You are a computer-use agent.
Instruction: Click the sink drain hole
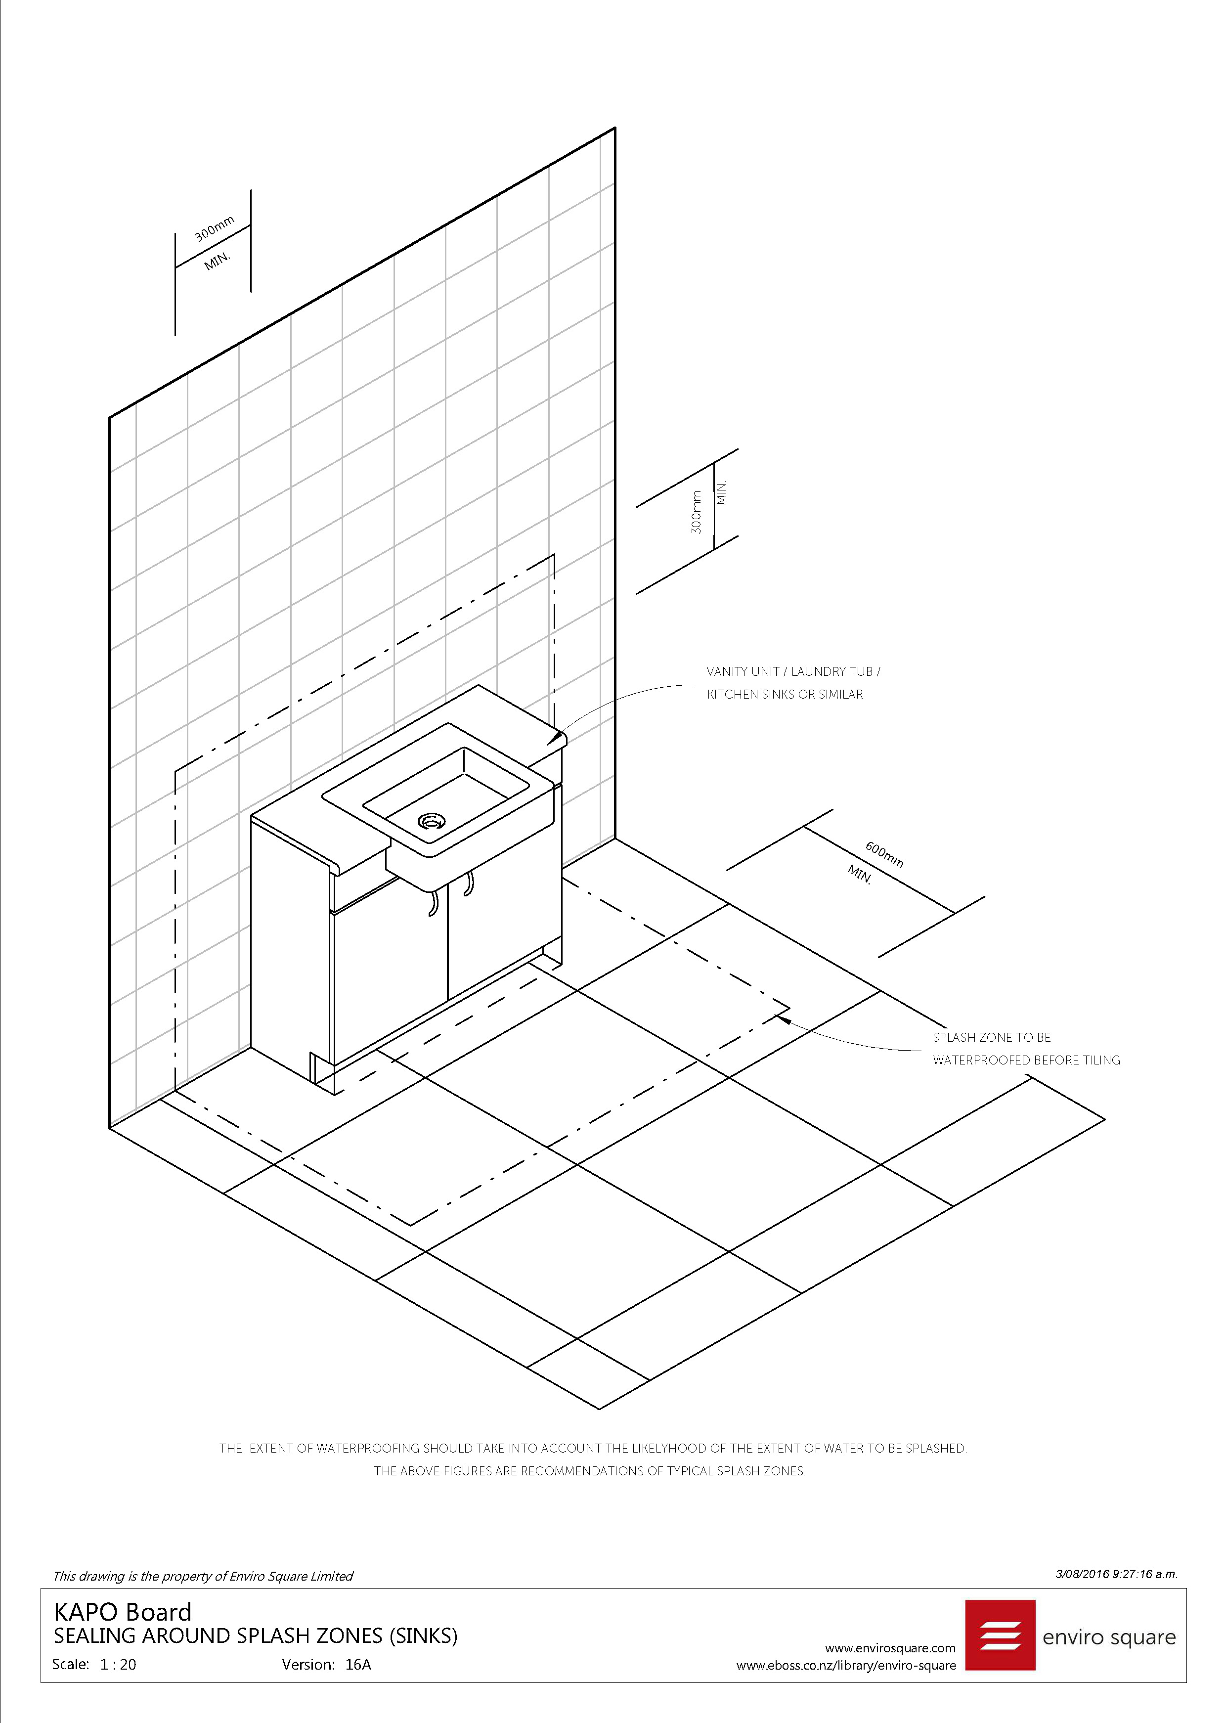tap(431, 820)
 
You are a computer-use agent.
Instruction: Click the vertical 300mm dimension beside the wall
tap(696, 512)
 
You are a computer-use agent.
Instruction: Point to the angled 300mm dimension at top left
tap(215, 228)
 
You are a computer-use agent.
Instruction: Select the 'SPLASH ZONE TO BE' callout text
tap(991, 1037)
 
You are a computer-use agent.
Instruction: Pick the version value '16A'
tap(358, 1664)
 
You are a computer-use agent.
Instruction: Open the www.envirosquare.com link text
tap(890, 1648)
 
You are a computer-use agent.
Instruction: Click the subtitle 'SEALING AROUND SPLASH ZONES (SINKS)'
tap(255, 1636)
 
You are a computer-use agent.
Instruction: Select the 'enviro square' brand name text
tap(1109, 1637)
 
